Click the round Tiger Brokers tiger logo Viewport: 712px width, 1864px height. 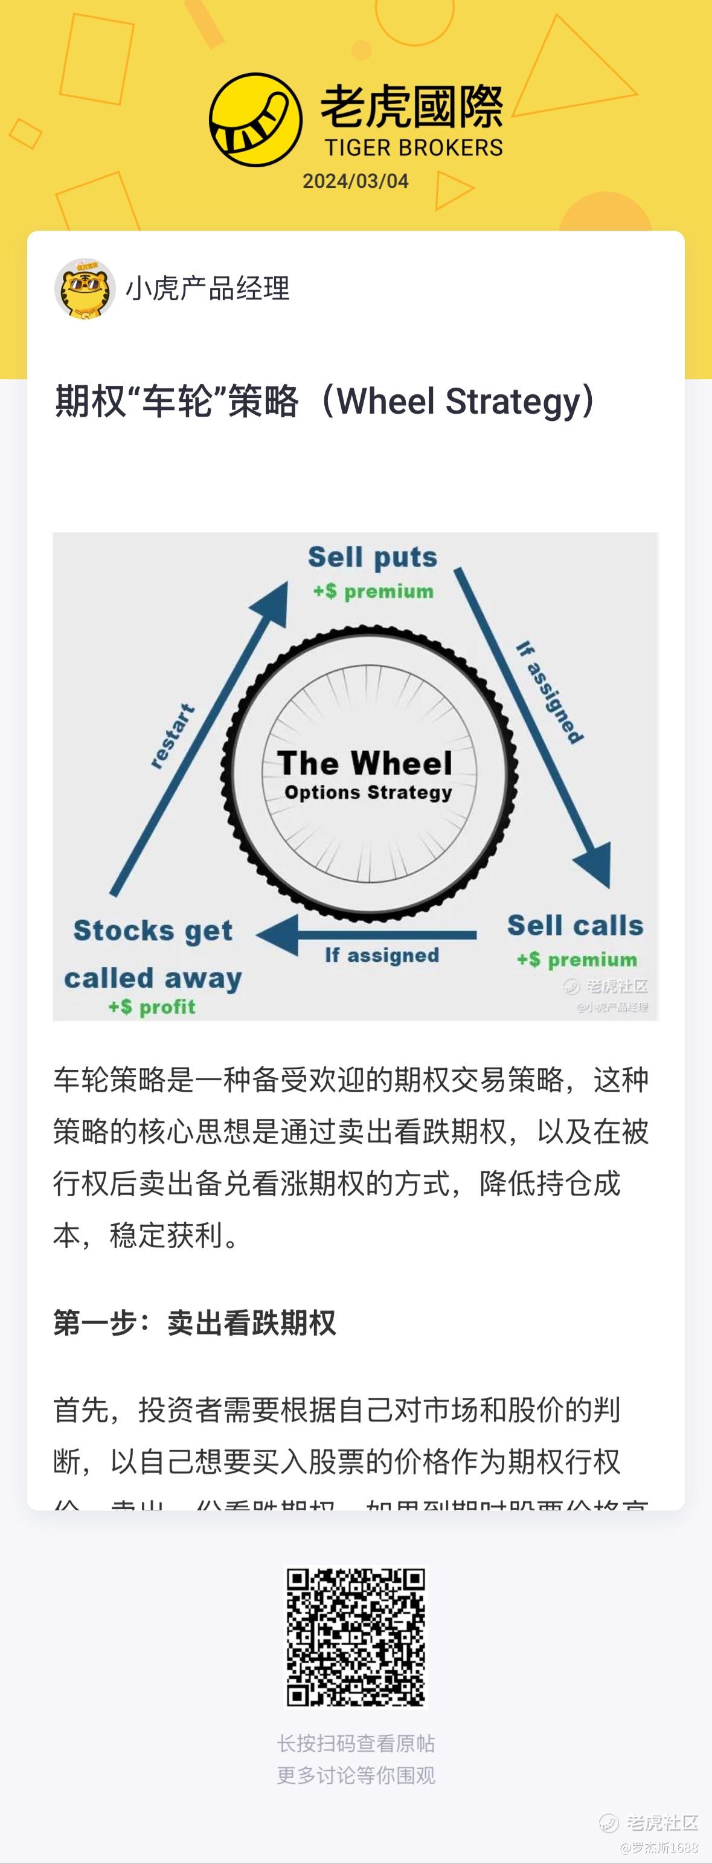(x=255, y=120)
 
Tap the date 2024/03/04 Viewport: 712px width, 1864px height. (x=355, y=181)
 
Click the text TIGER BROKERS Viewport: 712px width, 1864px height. (x=413, y=147)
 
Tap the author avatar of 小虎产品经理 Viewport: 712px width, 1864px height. (x=85, y=289)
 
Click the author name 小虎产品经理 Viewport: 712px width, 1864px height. (x=208, y=289)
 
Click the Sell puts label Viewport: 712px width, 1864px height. (x=373, y=557)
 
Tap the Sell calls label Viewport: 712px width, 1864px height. (x=576, y=926)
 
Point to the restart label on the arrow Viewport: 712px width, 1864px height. (x=172, y=735)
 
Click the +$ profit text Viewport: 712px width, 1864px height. (x=152, y=1007)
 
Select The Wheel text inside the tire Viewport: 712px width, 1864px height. (x=365, y=763)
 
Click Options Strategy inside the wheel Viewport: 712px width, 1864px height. (x=368, y=792)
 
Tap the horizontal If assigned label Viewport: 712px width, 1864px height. (x=381, y=955)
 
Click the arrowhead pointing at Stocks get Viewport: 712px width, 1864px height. (x=278, y=935)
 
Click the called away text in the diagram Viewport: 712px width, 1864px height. (x=153, y=978)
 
